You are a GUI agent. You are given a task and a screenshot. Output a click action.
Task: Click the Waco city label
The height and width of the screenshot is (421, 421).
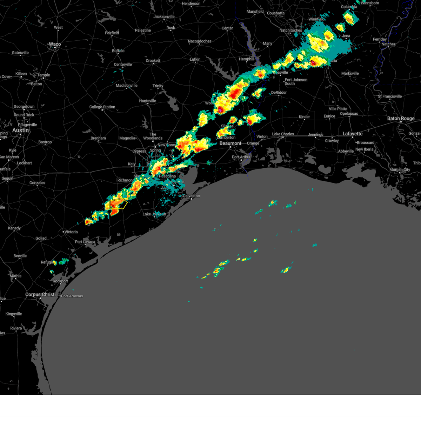tap(55, 44)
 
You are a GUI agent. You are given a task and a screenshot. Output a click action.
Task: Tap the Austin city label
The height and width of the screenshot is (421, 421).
tap(20, 130)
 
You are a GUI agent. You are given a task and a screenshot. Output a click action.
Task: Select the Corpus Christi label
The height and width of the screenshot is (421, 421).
tap(40, 295)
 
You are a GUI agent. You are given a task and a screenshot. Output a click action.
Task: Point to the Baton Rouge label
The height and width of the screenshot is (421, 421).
tap(401, 119)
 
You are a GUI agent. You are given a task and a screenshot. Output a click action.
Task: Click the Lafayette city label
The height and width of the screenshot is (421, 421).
tap(352, 134)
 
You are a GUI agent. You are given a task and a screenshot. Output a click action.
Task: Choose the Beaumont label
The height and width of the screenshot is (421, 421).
tap(230, 143)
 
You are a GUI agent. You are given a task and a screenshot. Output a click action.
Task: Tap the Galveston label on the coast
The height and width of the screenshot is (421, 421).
tap(191, 196)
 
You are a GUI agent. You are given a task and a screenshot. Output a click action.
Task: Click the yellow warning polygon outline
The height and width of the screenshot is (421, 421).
tap(118, 203)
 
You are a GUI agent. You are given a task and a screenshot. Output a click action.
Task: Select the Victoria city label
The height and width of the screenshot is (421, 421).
tap(71, 232)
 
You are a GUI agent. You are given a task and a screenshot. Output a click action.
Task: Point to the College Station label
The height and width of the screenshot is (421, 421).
tap(102, 107)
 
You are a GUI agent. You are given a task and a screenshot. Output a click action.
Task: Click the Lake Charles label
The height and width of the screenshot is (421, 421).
tap(283, 134)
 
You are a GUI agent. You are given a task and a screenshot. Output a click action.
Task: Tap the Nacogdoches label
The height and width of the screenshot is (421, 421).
tap(200, 41)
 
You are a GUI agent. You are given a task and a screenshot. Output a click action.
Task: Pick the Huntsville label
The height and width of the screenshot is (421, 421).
tap(147, 101)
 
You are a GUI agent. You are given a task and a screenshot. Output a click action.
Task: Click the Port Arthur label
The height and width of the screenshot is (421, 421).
tap(241, 157)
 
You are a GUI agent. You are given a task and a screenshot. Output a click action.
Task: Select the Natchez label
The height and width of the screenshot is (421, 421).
tap(388, 44)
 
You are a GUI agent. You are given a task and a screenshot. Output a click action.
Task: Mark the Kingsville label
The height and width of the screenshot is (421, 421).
tap(14, 314)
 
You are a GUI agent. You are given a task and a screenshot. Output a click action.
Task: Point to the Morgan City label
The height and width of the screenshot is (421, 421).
tap(400, 170)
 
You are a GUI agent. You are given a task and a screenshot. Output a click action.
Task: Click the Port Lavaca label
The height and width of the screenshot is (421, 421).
tap(85, 242)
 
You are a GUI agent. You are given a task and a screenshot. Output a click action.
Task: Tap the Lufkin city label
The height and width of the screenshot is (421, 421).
tap(195, 60)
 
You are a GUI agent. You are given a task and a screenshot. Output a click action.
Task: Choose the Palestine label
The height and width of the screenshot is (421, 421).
tap(143, 31)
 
